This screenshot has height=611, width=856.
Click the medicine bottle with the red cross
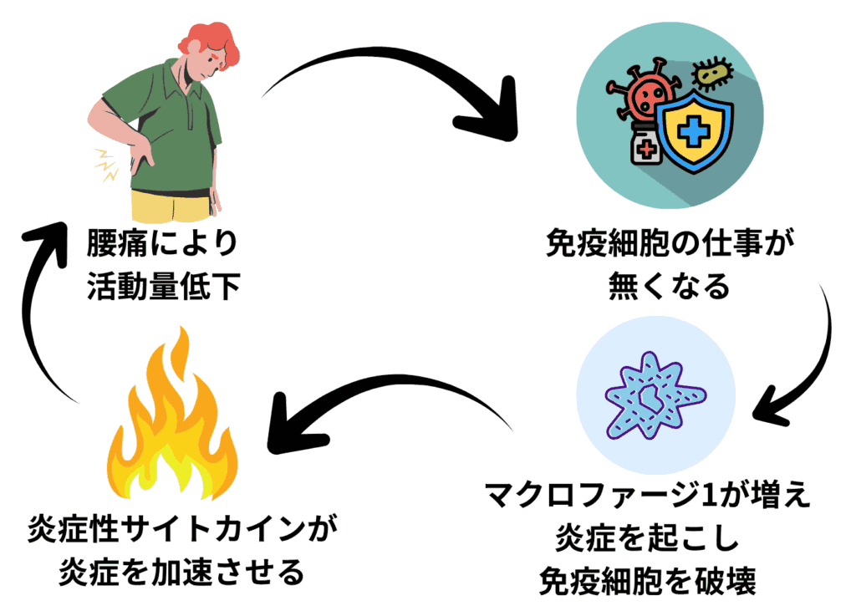coord(643,149)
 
